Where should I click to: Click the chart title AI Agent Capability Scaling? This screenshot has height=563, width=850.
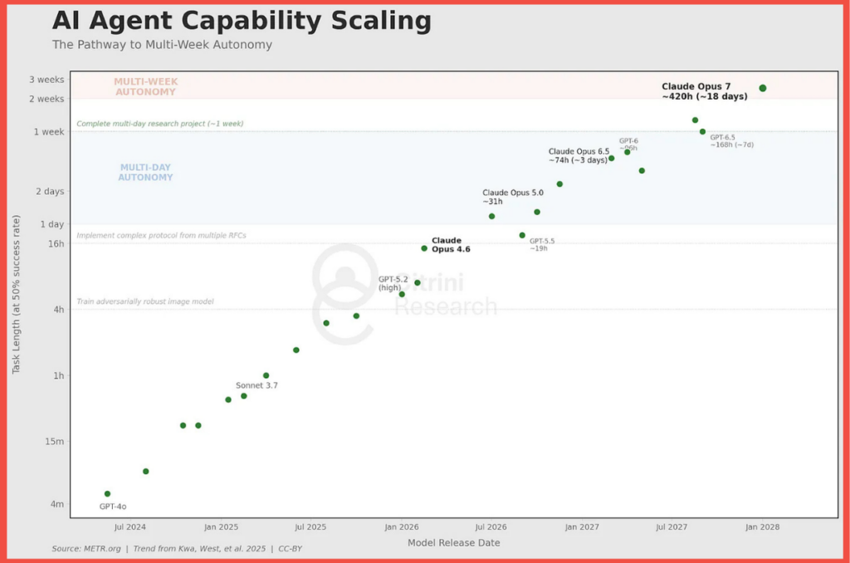[242, 21]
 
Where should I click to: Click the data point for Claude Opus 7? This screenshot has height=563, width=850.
[763, 88]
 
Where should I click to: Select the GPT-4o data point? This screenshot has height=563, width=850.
[107, 494]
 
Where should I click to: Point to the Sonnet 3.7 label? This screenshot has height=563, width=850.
[256, 385]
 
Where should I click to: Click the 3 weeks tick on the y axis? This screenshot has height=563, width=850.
[46, 80]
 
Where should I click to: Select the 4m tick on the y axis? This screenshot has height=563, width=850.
[56, 504]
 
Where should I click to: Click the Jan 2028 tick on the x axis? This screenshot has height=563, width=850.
[762, 526]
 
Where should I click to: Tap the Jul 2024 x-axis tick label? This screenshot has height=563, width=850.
[130, 526]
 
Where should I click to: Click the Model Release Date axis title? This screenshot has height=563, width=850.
[453, 543]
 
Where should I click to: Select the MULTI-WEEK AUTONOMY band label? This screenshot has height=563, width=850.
[145, 86]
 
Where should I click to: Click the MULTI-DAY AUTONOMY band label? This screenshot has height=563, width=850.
[145, 172]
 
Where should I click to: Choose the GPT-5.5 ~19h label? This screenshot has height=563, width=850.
[541, 244]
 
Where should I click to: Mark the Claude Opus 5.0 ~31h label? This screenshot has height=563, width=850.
[512, 197]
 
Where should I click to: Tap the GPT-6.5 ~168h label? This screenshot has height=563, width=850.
[731, 141]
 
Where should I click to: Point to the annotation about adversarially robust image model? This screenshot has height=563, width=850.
[145, 301]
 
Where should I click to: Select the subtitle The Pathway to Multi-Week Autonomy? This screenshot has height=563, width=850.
[162, 45]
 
